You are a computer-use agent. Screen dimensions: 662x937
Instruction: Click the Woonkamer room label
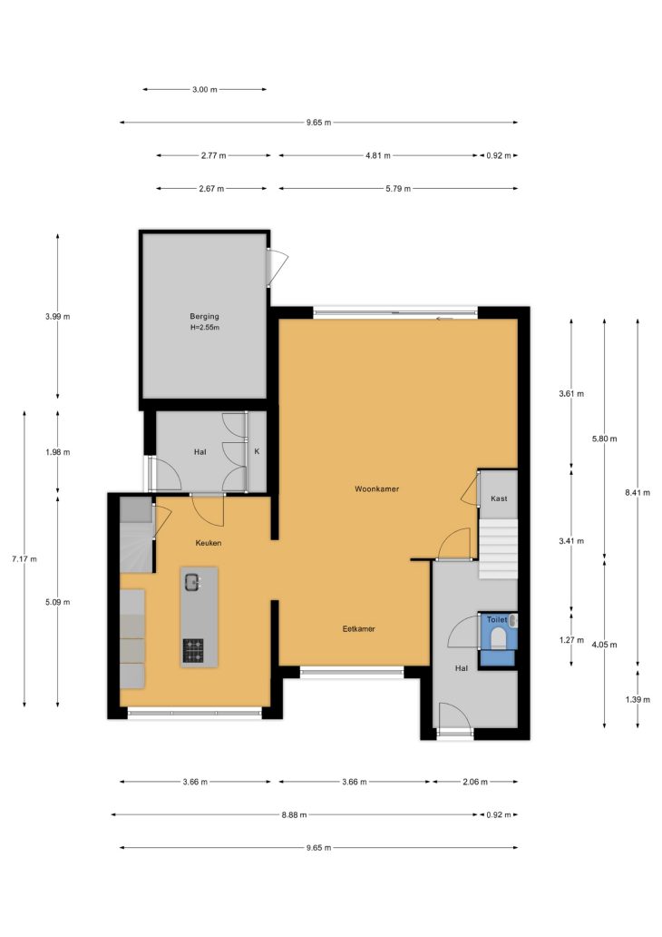tap(376, 488)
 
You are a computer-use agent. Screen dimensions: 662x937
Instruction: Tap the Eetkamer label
tap(359, 628)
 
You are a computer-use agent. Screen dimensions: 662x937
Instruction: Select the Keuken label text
tap(209, 543)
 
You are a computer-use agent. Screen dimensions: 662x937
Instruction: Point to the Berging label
tap(204, 316)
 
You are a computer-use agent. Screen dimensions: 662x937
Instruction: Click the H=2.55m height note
tap(205, 328)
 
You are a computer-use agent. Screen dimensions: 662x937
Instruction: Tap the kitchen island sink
tap(192, 581)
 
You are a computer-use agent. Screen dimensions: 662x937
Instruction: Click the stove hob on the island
tap(193, 650)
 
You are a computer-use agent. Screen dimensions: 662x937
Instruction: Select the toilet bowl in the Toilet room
tap(497, 640)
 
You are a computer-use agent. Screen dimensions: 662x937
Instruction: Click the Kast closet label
tap(499, 498)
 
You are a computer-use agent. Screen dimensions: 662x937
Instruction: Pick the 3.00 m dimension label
tap(204, 90)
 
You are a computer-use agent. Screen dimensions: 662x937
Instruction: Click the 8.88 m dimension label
tap(295, 814)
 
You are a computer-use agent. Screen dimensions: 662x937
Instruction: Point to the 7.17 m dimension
tap(24, 559)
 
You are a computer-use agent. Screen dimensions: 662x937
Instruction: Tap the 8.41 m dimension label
tap(638, 492)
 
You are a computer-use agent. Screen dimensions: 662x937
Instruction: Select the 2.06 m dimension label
tap(475, 782)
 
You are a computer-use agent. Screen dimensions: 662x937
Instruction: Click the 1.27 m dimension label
tap(571, 640)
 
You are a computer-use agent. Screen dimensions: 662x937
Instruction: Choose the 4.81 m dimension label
tap(378, 155)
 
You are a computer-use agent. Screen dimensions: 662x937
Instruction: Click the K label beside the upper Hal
tap(257, 451)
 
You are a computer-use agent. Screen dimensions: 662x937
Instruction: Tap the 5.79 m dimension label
tap(398, 188)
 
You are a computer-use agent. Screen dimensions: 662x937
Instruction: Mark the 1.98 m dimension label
tap(57, 452)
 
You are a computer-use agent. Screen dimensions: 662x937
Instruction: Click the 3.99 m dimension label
tap(57, 317)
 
